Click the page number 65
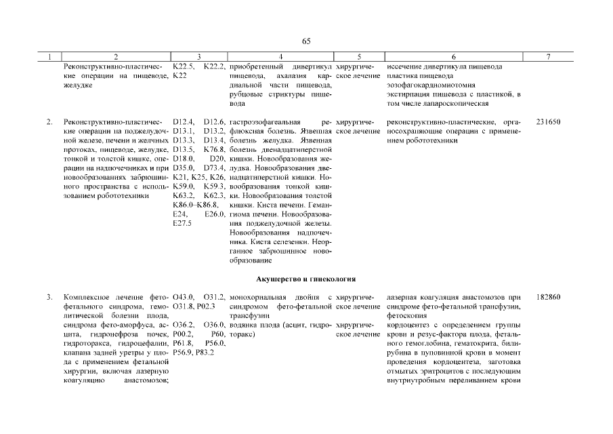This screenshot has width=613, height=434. point(306,42)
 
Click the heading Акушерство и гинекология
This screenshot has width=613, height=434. point(306,279)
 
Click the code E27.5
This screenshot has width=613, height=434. point(183,222)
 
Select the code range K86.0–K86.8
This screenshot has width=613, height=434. point(195,203)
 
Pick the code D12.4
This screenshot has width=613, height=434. point(184,122)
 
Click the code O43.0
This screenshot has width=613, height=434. point(184,297)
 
